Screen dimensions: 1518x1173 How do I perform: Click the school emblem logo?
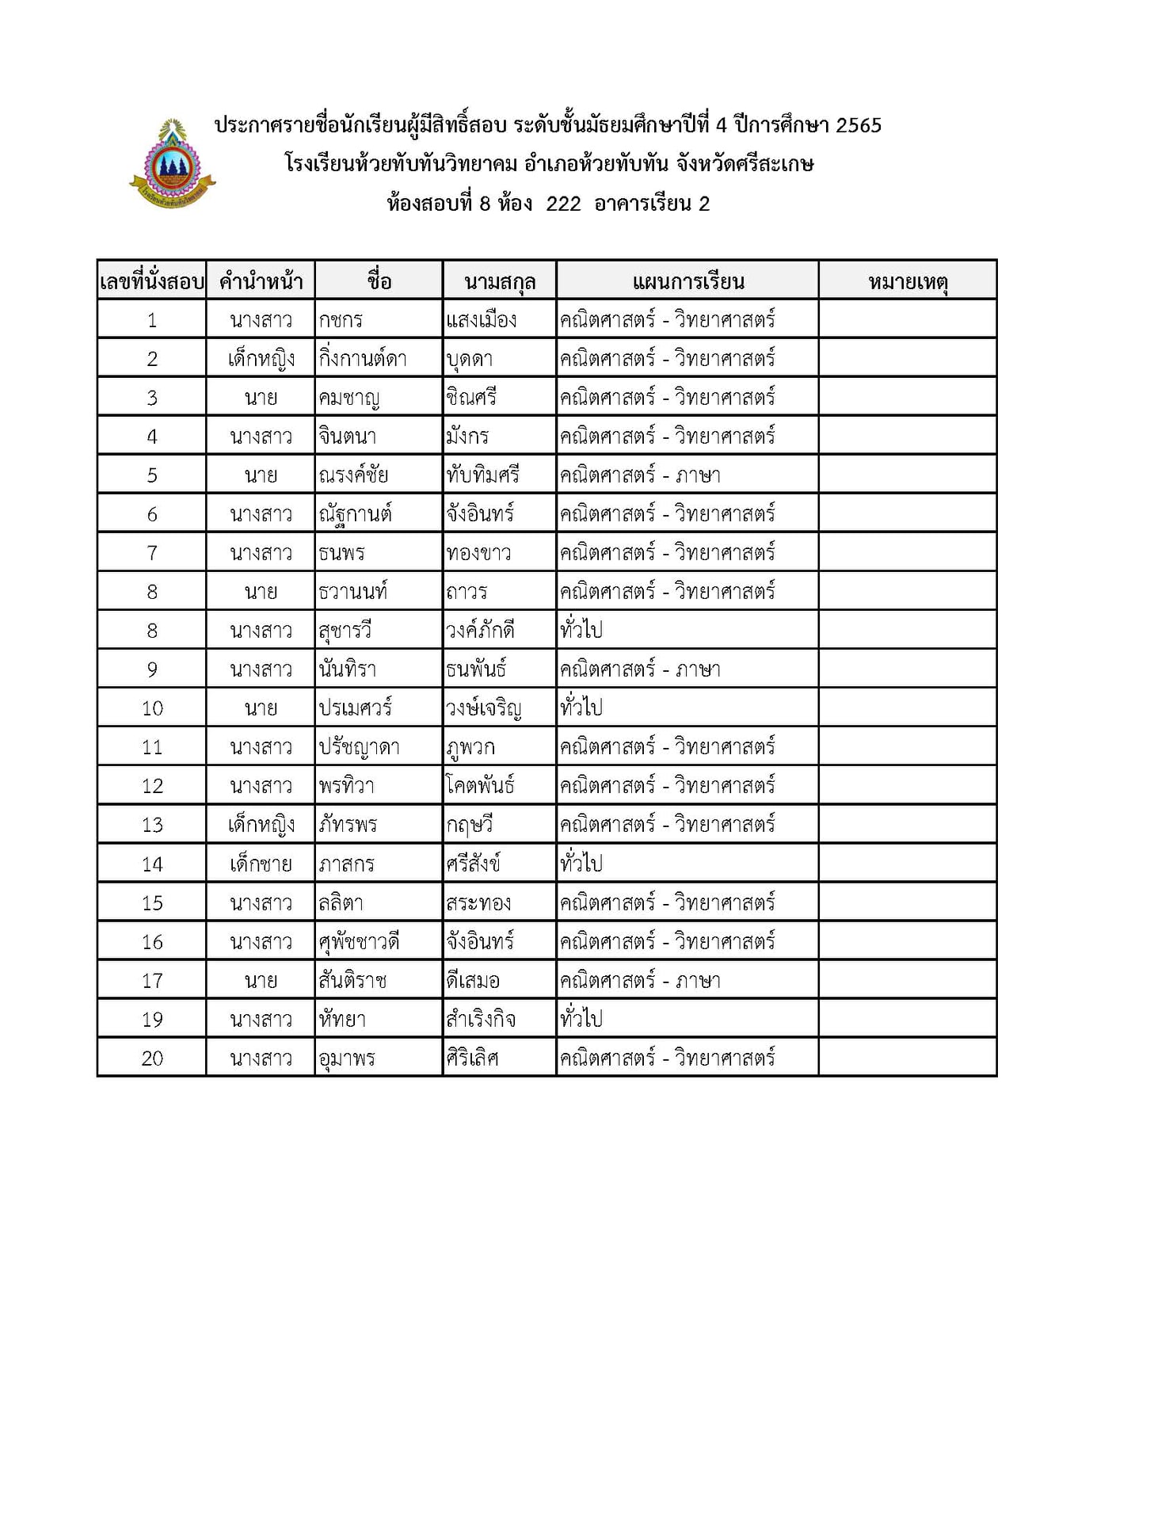172,165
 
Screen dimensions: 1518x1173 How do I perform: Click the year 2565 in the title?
859,125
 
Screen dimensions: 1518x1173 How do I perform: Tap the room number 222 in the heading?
563,204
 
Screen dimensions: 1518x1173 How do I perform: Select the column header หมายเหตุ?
907,281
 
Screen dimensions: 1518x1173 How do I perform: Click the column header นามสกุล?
500,281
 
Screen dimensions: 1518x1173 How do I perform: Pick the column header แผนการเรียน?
687,281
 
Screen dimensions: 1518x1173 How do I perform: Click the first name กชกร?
341,320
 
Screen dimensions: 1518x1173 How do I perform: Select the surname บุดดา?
470,359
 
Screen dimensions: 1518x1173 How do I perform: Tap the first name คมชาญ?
348,398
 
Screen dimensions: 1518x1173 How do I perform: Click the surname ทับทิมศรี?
482,475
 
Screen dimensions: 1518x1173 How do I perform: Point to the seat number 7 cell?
152,553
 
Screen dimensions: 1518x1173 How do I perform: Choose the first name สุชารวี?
345,631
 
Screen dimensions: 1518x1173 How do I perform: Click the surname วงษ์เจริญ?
483,708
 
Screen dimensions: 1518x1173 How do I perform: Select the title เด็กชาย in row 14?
261,864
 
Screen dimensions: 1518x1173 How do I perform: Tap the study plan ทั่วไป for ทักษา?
581,1019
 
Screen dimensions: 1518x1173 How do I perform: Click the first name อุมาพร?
347,1058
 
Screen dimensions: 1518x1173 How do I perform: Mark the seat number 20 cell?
152,1058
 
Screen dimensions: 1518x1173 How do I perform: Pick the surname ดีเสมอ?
473,980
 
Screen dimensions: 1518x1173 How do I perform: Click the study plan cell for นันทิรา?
640,669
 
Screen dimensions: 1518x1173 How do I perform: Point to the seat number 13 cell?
152,825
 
